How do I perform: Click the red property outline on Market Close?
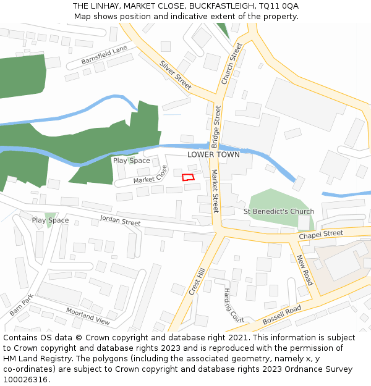(x=188, y=177)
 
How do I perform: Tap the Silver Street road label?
(x=176, y=74)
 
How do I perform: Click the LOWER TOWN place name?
(x=213, y=154)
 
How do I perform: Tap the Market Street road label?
(x=215, y=191)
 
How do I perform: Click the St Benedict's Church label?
(x=279, y=211)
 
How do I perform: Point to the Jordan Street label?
(x=120, y=220)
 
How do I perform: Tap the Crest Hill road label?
(x=197, y=282)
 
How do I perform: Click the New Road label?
(x=305, y=270)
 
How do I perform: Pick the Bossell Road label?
(x=281, y=315)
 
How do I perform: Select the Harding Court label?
(x=234, y=306)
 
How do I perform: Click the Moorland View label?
(x=88, y=317)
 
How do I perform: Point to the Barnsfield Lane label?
(x=104, y=56)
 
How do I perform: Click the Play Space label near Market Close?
(x=131, y=161)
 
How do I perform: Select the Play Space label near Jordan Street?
(x=50, y=220)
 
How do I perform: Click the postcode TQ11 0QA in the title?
(x=279, y=6)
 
